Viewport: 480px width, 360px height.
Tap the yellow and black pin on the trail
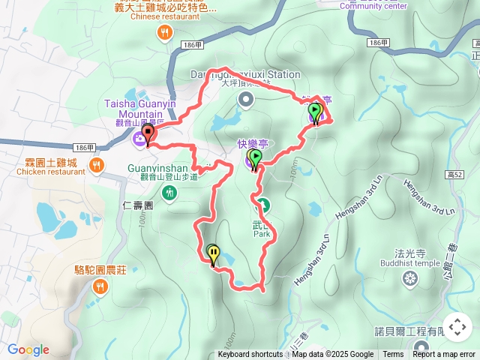point(214,254)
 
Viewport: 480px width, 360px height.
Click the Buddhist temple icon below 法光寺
point(409,279)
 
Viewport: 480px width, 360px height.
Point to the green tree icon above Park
point(262,203)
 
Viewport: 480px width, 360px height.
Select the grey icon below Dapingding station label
point(245,99)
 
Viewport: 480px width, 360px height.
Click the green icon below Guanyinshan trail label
point(171,193)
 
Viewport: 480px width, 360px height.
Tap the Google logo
point(28,349)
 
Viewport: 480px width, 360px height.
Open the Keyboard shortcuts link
point(250,355)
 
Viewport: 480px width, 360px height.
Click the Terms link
point(393,355)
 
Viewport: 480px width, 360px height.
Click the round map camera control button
point(457,327)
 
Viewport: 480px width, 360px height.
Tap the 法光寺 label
point(410,253)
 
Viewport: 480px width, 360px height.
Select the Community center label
point(373,6)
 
